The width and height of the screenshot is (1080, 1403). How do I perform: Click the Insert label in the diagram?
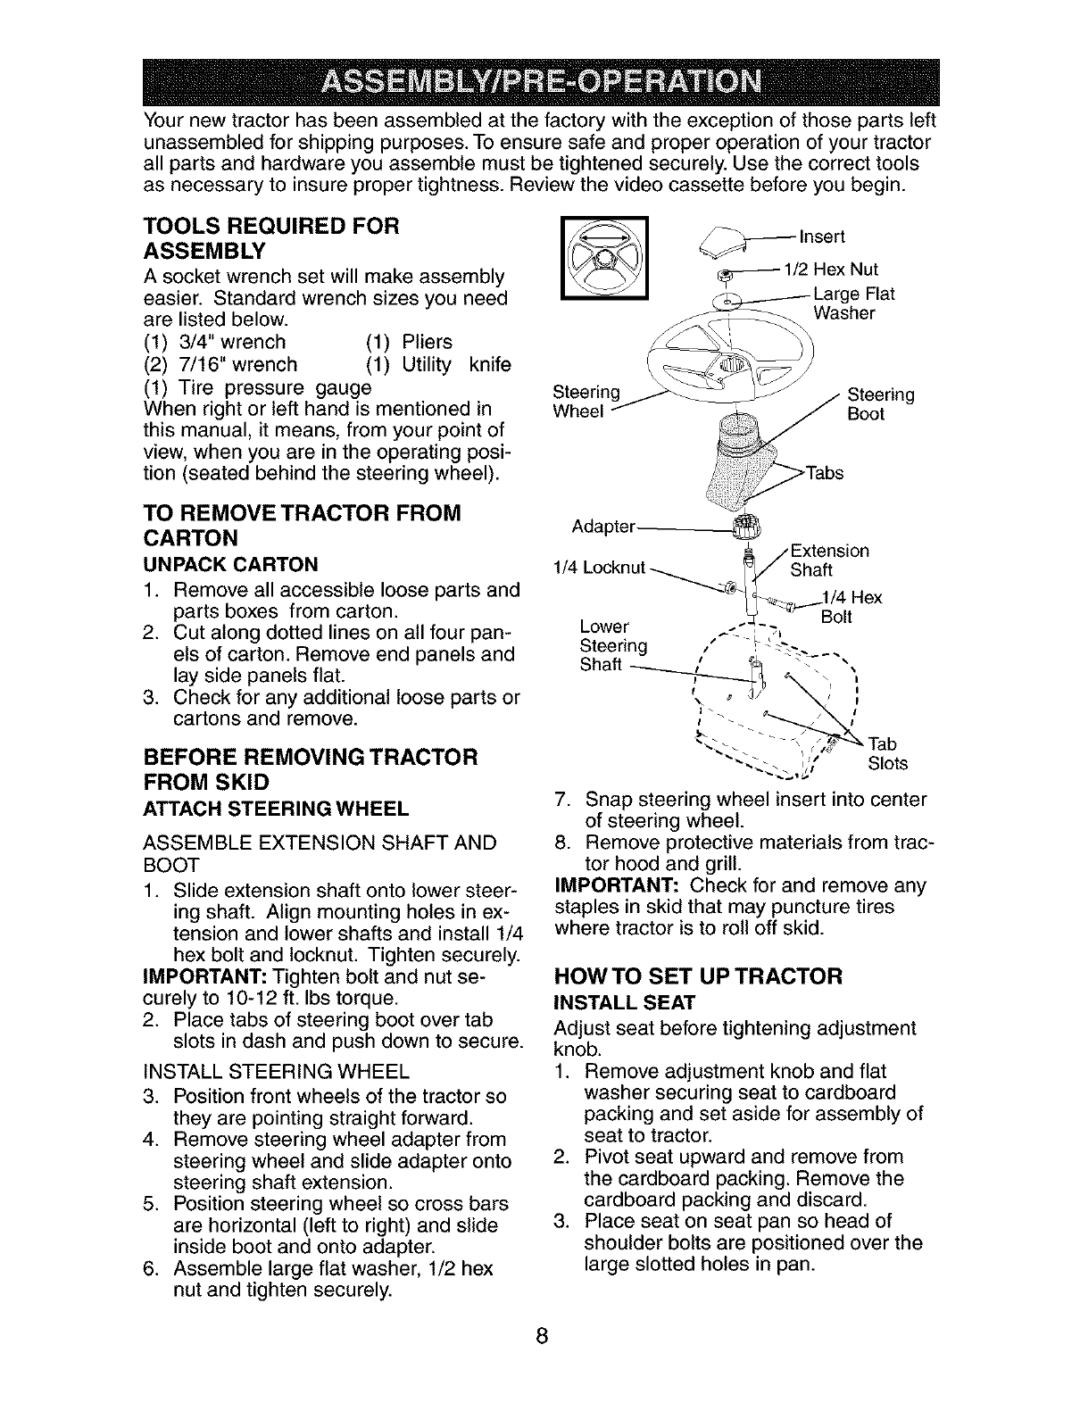822,237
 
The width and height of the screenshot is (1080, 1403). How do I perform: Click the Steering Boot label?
880,403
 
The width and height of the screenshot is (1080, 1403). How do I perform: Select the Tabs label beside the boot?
825,473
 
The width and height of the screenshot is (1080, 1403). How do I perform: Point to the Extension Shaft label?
829,560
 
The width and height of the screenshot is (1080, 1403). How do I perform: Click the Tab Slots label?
887,753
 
